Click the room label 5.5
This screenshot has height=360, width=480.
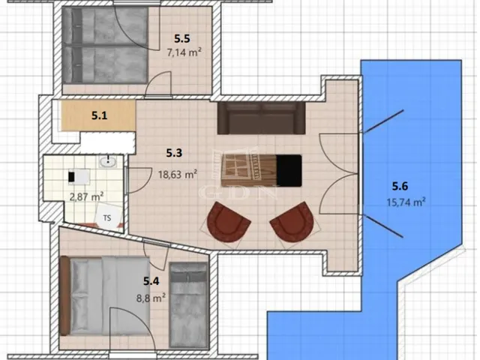[x=182, y=38]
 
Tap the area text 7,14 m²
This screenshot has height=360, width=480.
[x=184, y=52]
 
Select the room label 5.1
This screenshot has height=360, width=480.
[x=100, y=115]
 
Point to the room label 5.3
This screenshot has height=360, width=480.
[x=174, y=152]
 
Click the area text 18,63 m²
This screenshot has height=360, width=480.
[x=178, y=175]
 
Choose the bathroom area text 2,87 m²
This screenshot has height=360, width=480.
[x=86, y=196]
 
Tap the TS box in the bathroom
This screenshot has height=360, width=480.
[x=106, y=217]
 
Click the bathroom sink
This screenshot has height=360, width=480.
[x=108, y=161]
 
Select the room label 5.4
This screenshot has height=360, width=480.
[x=151, y=281]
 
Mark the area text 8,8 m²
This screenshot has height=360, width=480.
[x=151, y=298]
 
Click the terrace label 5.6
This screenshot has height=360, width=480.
[x=400, y=186]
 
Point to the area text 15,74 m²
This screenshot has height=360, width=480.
[x=406, y=202]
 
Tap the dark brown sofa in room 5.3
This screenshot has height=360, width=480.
[x=261, y=118]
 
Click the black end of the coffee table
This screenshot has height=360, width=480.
[x=289, y=170]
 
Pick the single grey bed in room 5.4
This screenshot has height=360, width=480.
[x=189, y=305]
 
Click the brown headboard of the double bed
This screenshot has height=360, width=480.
[x=64, y=296]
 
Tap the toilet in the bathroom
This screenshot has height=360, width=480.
[x=79, y=177]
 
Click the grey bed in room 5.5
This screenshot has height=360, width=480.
[x=105, y=45]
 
